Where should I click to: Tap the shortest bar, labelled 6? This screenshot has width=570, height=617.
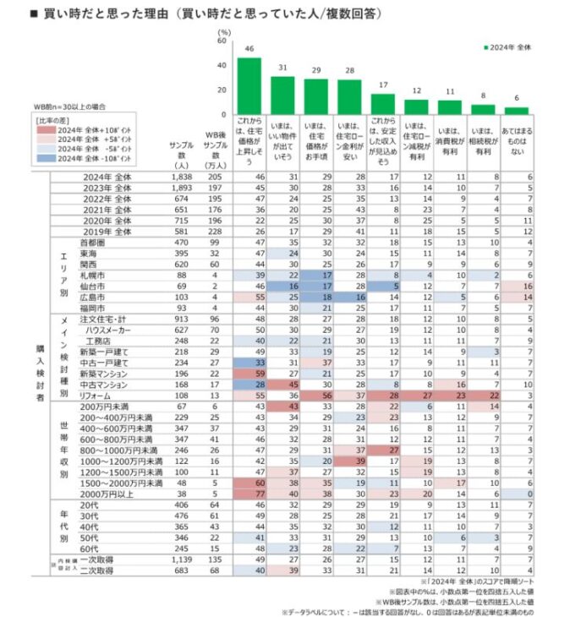pos(517,111)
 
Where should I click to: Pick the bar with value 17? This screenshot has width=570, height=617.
pos(384,104)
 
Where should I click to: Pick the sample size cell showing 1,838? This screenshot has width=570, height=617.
pos(181,175)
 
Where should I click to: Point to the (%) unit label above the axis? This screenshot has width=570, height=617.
pos(223,31)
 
